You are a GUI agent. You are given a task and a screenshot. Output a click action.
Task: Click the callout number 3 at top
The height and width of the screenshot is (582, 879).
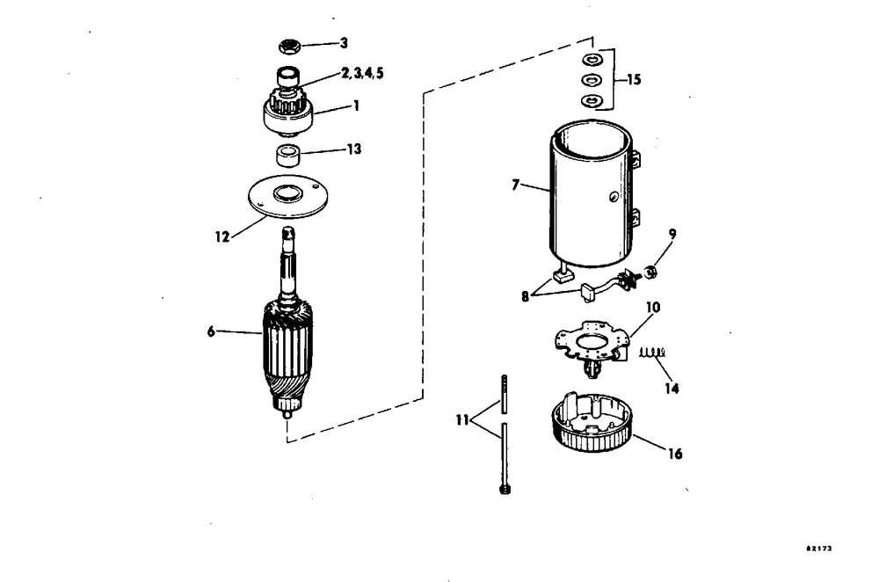coord(344,42)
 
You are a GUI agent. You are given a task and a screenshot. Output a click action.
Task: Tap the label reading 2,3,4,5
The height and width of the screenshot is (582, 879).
coord(362,73)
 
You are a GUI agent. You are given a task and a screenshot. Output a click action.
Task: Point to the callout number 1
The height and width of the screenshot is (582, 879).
coord(356,105)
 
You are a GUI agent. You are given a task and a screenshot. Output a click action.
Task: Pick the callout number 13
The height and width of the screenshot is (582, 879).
coord(352,149)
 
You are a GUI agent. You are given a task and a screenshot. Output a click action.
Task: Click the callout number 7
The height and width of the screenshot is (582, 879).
coord(517,185)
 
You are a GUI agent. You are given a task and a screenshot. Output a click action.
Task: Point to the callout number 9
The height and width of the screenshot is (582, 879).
coord(673,235)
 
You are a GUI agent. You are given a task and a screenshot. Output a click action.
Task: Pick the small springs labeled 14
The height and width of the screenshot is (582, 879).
coord(651,353)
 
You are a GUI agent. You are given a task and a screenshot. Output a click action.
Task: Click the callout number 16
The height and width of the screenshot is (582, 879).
coord(674,455)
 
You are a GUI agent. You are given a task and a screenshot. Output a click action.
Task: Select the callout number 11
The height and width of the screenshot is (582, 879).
coord(461,421)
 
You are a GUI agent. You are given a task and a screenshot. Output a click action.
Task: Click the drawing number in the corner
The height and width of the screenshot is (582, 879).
coord(818,548)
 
